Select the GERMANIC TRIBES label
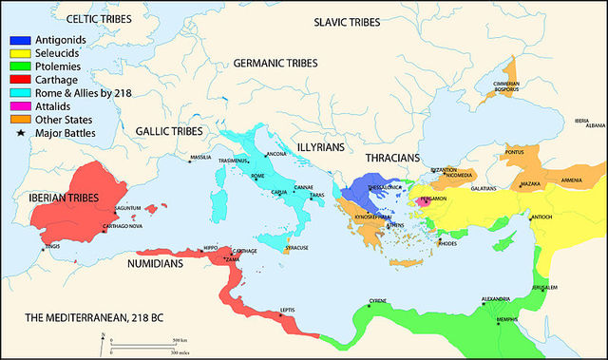point(271,64)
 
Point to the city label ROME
point(257,177)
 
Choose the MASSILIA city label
point(200,157)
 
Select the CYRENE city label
point(377,301)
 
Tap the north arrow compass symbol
point(103,341)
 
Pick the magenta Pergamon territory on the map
point(427,200)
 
